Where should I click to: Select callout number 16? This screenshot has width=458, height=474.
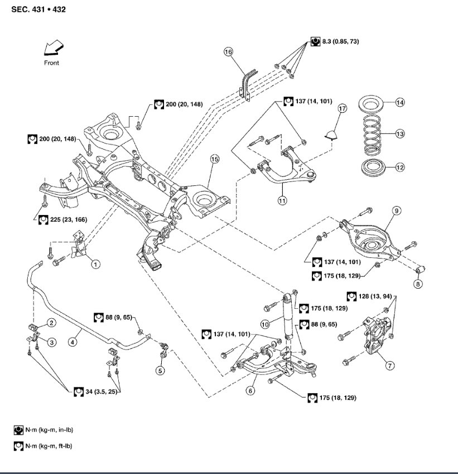[x=228, y=52]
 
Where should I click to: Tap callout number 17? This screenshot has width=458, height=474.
[x=341, y=108]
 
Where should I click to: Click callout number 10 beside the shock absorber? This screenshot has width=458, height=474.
[x=266, y=323]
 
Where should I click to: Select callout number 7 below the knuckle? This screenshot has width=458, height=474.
[x=390, y=366]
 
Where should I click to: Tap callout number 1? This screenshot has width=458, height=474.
[x=95, y=263]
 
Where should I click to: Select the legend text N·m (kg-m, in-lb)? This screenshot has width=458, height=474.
[x=50, y=430]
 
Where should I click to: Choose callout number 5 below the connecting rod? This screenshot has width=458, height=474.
[x=160, y=370]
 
